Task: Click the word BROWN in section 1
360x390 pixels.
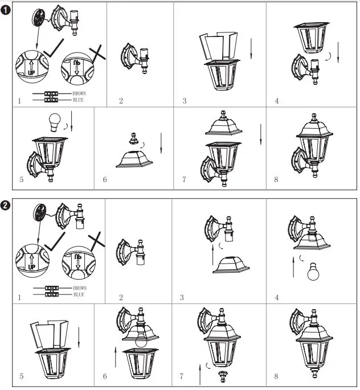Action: tap(80, 93)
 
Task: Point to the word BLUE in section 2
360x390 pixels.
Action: tap(79, 294)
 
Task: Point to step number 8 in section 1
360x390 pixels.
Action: tap(276, 179)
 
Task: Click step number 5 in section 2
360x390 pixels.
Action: tap(22, 376)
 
